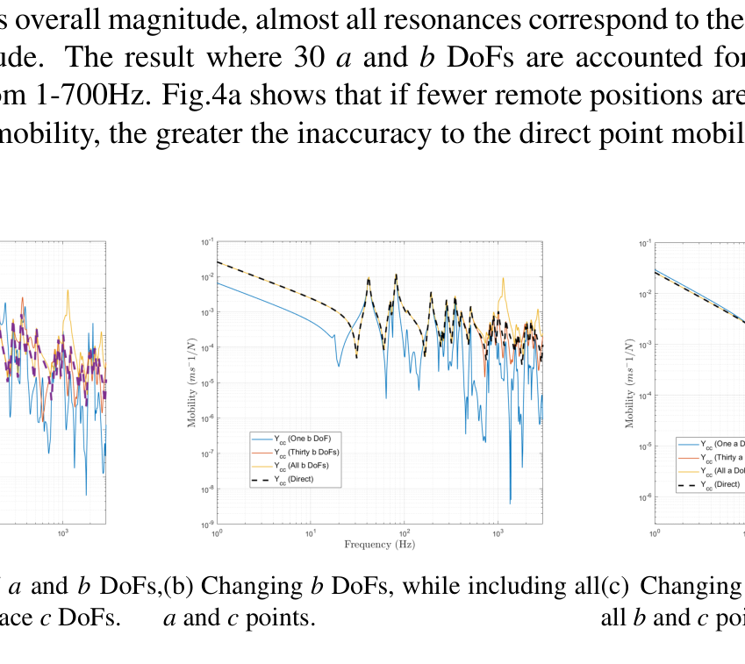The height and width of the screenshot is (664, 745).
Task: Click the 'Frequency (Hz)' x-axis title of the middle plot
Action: pyautogui.click(x=380, y=545)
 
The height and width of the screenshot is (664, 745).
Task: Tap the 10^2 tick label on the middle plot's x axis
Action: pyautogui.click(x=405, y=532)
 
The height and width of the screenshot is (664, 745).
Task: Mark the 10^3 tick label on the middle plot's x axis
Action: pyautogui.click(x=498, y=532)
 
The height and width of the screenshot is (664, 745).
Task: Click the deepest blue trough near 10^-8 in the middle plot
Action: pyautogui.click(x=511, y=501)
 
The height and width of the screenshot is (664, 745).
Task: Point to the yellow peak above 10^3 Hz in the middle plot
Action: pyautogui.click(x=504, y=280)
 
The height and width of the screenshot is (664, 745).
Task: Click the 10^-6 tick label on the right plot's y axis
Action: pyautogui.click(x=644, y=497)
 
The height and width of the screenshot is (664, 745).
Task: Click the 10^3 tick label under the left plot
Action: pyautogui.click(x=63, y=532)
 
